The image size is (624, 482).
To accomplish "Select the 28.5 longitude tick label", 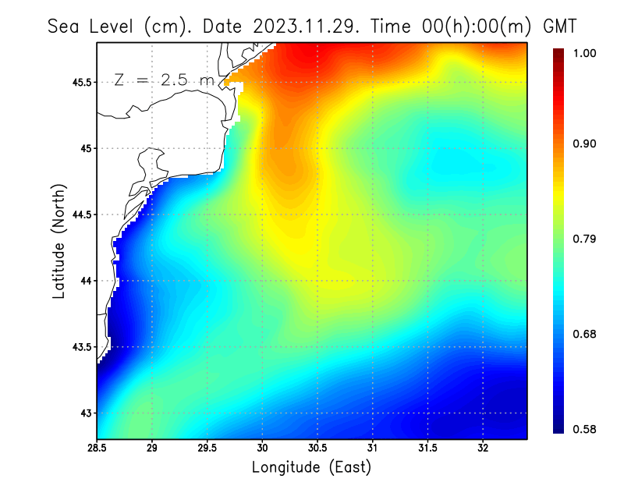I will tap(97, 448).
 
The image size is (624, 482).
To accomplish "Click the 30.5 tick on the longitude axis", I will tap(317, 448).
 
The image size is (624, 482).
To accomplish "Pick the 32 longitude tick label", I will tap(483, 448).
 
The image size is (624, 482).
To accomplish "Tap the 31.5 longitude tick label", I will tap(427, 448).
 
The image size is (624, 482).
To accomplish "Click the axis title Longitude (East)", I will tap(311, 467).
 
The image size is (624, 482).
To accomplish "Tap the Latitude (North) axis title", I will tap(58, 240).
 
